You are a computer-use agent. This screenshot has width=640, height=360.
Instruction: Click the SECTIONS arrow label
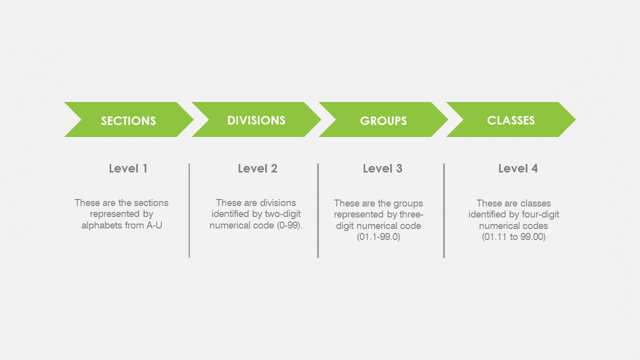pyautogui.click(x=128, y=121)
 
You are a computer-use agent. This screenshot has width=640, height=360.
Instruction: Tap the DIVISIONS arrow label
pyautogui.click(x=256, y=120)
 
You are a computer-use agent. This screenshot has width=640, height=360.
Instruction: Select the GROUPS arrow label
pyautogui.click(x=383, y=121)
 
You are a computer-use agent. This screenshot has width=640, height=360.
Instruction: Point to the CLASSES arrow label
pyautogui.click(x=511, y=120)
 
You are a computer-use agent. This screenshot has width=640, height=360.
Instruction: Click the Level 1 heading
pyautogui.click(x=128, y=168)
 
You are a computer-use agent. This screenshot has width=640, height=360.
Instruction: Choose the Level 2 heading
pyautogui.click(x=257, y=168)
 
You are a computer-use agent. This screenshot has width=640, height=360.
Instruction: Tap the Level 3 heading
pyautogui.click(x=382, y=168)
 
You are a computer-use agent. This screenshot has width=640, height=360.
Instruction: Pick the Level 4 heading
pyautogui.click(x=518, y=168)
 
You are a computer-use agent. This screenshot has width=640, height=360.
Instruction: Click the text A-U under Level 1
pyautogui.click(x=154, y=225)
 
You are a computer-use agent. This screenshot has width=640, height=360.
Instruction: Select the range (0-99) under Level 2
pyautogui.click(x=289, y=225)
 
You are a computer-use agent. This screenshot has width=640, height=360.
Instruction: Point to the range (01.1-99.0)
pyautogui.click(x=378, y=237)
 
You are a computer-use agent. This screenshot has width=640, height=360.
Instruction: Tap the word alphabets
pyautogui.click(x=101, y=225)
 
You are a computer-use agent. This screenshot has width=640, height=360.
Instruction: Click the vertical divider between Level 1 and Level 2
pyautogui.click(x=189, y=210)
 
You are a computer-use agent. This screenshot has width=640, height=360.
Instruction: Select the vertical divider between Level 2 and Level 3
pyautogui.click(x=318, y=210)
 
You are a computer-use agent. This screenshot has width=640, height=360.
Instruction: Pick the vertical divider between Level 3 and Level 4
pyautogui.click(x=444, y=210)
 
